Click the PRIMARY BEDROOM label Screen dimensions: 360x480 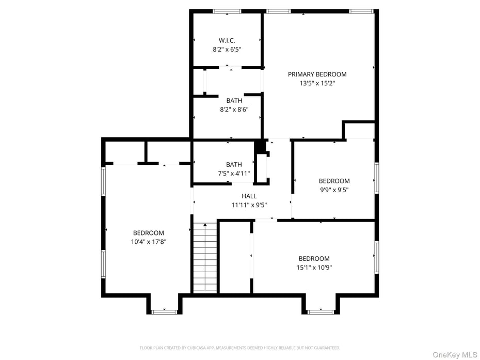317,74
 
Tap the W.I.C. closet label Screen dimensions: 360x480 227,40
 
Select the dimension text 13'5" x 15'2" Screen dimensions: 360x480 317,83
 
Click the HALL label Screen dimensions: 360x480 249,196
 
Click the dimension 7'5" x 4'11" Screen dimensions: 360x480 234,174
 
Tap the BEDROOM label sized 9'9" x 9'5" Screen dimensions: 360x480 334,181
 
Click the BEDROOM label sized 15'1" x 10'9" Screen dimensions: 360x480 314,259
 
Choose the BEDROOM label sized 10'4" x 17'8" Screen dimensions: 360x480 148,233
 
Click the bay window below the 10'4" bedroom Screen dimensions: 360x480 164,311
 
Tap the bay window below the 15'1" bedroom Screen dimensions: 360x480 319,311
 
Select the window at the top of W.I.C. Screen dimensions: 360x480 227,11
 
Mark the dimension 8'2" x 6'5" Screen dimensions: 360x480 227,50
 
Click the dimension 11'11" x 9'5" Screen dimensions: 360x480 249,205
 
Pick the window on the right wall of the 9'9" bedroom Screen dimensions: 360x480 377,178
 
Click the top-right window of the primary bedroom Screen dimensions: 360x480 361,11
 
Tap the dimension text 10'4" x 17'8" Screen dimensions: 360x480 148,242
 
